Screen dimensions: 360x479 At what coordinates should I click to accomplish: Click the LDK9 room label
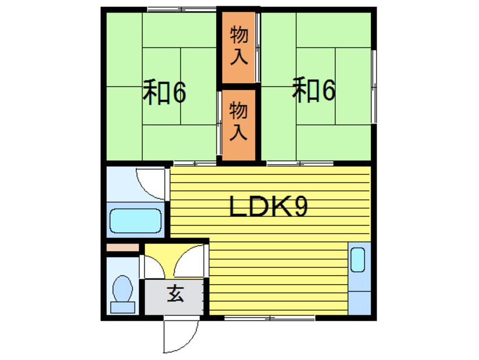[x=268, y=208]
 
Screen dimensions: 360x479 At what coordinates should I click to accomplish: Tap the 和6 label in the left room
[x=164, y=93]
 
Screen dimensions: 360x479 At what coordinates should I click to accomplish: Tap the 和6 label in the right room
[x=314, y=91]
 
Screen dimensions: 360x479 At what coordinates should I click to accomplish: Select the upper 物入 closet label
[x=239, y=46]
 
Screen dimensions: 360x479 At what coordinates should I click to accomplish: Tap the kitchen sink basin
[x=358, y=259]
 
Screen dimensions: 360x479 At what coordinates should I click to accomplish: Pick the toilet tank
[x=122, y=307]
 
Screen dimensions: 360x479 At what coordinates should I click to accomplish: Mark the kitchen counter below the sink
[x=358, y=297]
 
